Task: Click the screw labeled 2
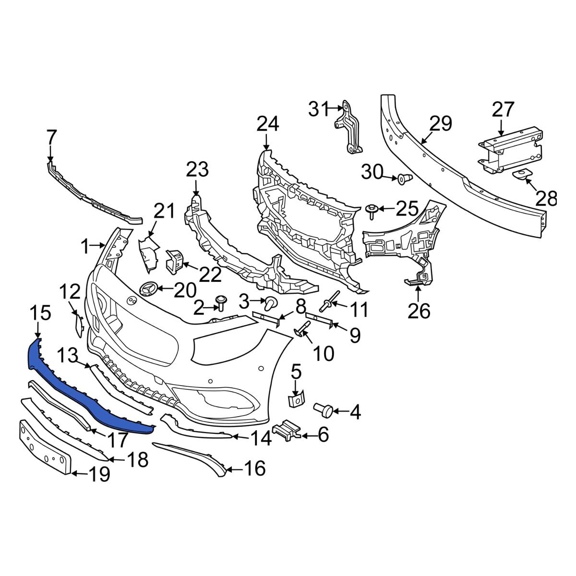coord(221,302)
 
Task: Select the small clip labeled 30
coord(403,180)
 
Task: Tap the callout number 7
coord(51,138)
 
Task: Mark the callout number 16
coord(254,468)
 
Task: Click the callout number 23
coord(197,170)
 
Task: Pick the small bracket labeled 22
coord(174,261)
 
